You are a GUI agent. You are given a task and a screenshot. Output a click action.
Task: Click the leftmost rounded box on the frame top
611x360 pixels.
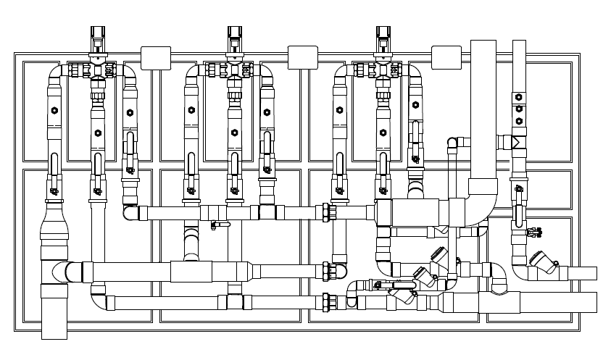point(155,58)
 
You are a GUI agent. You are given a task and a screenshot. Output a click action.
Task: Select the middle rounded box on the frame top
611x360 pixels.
point(303,58)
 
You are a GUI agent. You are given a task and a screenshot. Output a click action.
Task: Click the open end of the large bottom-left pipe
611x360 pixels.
point(54,335)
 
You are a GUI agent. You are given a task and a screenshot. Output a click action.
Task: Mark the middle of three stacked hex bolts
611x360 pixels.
point(519,109)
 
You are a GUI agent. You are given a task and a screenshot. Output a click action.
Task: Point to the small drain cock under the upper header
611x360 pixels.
point(215,227)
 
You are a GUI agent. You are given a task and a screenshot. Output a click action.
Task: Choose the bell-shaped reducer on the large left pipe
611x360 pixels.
point(54,221)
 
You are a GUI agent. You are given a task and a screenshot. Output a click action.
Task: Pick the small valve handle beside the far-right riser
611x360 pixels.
point(536,232)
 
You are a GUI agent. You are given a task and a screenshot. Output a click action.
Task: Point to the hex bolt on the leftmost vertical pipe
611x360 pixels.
point(54,111)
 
